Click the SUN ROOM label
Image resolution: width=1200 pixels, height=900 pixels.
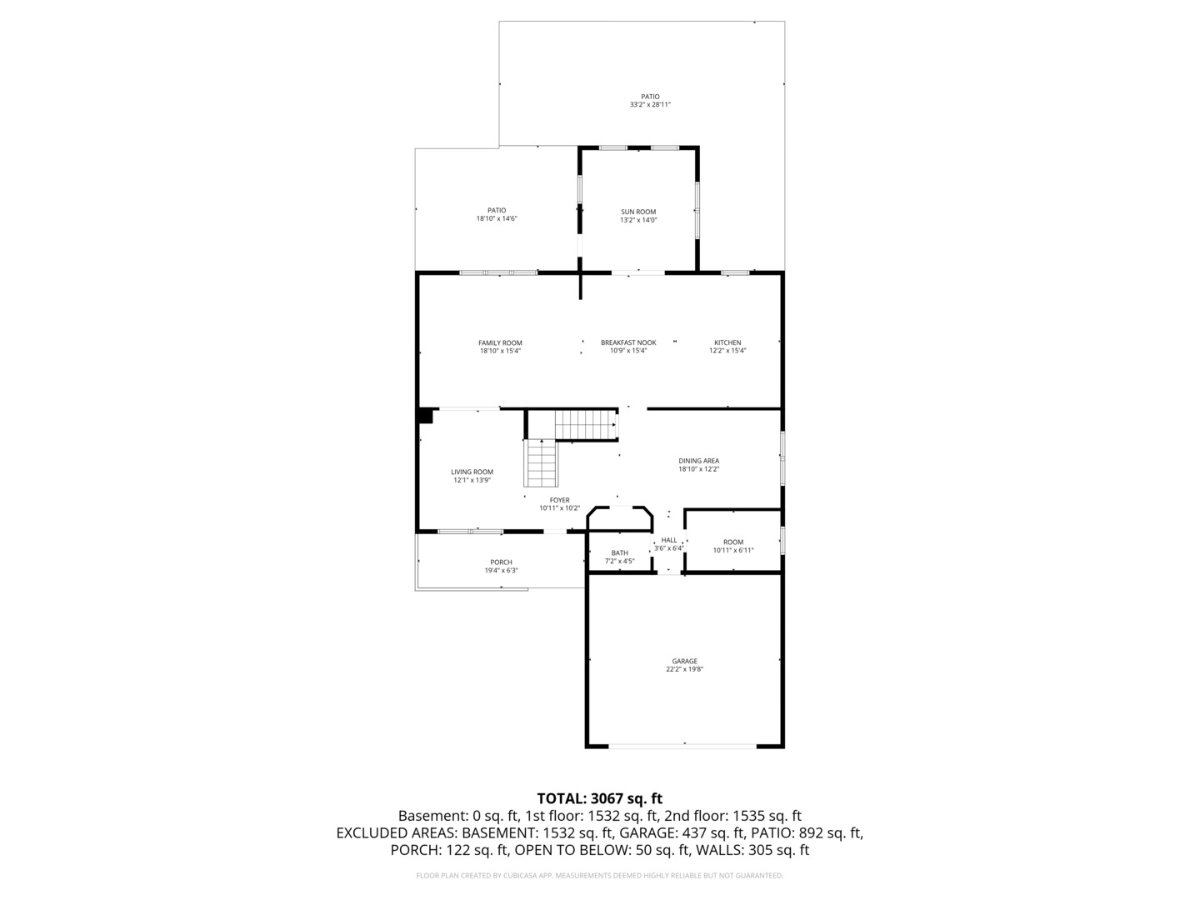click(x=638, y=212)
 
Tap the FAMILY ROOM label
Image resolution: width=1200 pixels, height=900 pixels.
click(x=500, y=342)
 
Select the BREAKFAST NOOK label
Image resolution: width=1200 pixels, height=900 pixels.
click(x=628, y=342)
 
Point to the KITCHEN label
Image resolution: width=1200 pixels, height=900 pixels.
click(x=727, y=342)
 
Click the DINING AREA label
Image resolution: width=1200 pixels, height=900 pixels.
click(x=698, y=461)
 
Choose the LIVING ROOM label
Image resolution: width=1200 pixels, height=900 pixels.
click(x=472, y=472)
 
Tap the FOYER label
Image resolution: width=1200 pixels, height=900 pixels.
click(x=559, y=500)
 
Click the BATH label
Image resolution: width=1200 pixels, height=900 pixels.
click(x=619, y=552)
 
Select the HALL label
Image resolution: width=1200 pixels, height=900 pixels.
click(x=669, y=540)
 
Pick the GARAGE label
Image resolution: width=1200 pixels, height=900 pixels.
click(x=684, y=661)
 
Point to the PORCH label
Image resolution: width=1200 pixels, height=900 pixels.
click(x=501, y=562)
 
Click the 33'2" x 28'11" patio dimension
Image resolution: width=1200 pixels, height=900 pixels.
click(x=650, y=105)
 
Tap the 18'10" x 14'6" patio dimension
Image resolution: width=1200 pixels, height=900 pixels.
click(x=497, y=218)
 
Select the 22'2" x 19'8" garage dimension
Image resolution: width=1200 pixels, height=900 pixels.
click(x=684, y=669)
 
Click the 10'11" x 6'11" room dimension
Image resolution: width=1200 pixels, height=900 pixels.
click(x=733, y=550)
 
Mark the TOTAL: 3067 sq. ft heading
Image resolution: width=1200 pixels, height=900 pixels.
click(x=599, y=798)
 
